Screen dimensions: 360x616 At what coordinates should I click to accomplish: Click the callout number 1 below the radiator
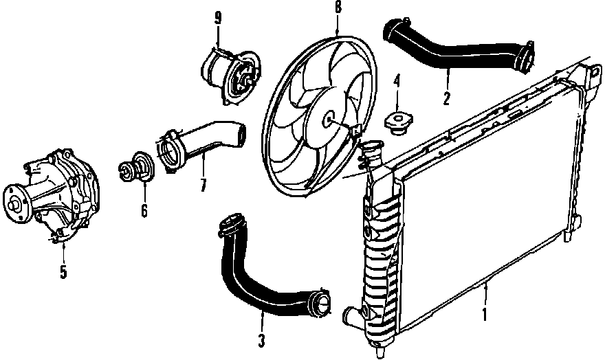(485, 315)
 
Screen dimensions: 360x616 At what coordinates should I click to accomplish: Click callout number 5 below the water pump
(63, 271)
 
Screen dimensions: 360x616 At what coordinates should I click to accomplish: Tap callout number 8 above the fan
(338, 9)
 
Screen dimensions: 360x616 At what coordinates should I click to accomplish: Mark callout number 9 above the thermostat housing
(218, 19)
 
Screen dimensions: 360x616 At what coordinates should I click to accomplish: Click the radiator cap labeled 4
(397, 122)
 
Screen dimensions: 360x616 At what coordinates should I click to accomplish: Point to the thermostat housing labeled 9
(227, 73)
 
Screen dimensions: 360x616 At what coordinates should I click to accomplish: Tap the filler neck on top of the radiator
(371, 150)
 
